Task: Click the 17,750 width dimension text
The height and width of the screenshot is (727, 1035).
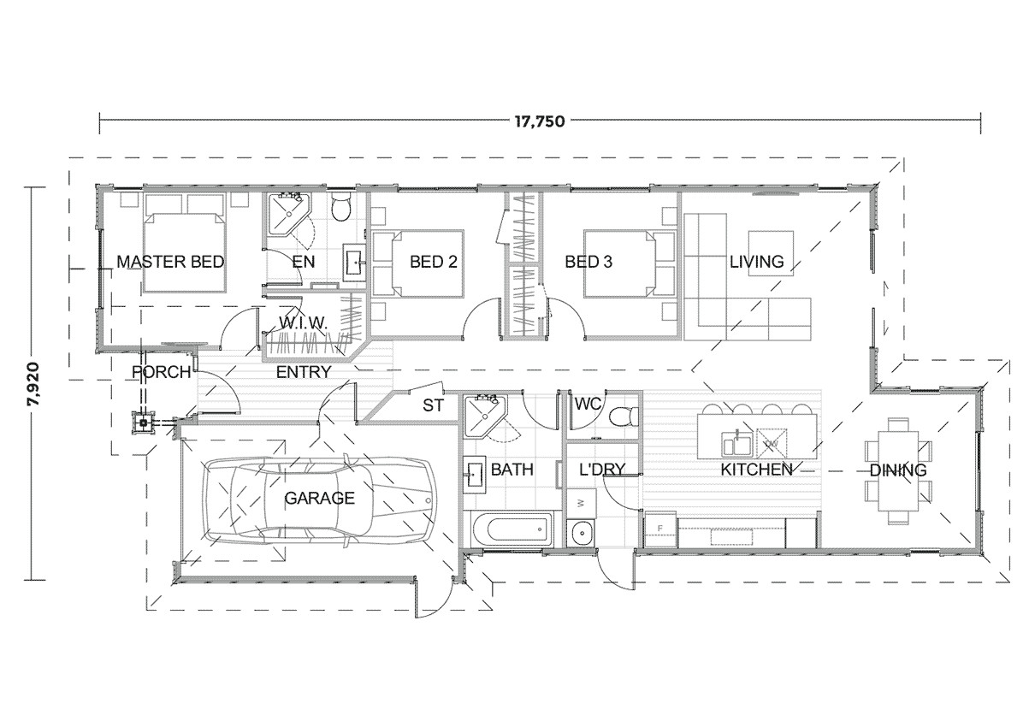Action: pyautogui.click(x=540, y=121)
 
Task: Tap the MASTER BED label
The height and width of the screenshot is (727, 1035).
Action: pyautogui.click(x=170, y=262)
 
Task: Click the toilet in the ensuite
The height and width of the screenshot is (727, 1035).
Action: pyautogui.click(x=340, y=206)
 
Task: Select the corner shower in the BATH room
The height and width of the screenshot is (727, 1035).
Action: pyautogui.click(x=482, y=415)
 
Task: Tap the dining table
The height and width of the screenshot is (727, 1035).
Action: pyautogui.click(x=897, y=470)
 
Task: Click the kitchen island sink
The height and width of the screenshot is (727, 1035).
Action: pyautogui.click(x=736, y=443)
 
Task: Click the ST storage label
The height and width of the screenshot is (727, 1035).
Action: pyautogui.click(x=434, y=405)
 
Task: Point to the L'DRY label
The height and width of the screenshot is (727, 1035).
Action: pyautogui.click(x=602, y=470)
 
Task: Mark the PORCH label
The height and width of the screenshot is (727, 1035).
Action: pyautogui.click(x=161, y=373)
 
